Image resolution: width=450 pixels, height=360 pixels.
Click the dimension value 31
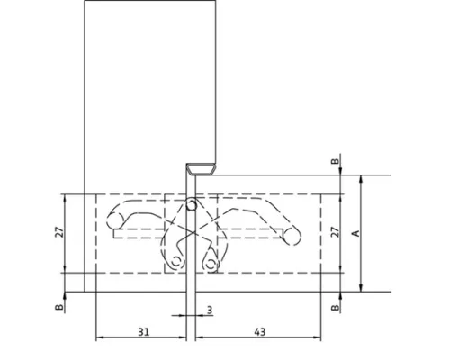coord(143,332)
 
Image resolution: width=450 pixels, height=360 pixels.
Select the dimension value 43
coord(260,332)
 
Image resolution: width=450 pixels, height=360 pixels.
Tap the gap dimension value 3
coord(210,310)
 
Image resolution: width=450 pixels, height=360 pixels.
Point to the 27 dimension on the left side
coord(59,232)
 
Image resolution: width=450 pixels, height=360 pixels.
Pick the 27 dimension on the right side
coord(336,232)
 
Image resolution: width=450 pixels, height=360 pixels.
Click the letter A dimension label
coord(355,233)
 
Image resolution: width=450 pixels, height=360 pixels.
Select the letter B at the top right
coord(335,161)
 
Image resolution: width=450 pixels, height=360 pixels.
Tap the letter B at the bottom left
coord(59,307)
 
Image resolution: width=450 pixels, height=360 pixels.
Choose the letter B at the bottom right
coord(335,307)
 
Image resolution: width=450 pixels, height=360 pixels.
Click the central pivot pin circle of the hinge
coord(191,205)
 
